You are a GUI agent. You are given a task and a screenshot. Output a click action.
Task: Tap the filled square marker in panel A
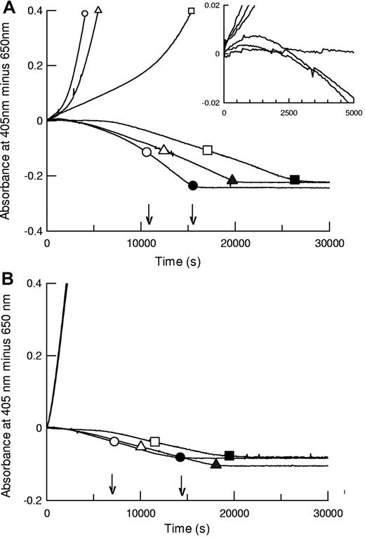coord(295,180)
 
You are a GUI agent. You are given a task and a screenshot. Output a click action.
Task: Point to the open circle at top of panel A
coord(85,13)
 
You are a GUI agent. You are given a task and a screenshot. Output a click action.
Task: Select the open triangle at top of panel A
coord(98,11)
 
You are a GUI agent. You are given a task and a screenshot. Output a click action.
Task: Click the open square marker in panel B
coord(155,442)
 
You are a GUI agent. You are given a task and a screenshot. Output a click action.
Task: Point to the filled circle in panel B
coord(180,457)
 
